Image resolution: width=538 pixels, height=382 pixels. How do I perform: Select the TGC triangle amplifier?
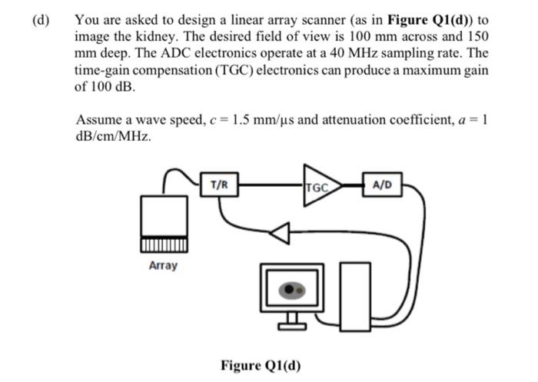[318, 186]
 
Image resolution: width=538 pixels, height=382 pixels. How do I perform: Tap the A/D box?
[381, 184]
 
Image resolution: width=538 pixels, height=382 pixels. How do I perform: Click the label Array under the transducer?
[162, 265]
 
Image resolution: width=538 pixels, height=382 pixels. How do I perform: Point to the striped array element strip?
[162, 245]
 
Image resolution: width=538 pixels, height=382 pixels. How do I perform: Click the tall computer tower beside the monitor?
[353, 293]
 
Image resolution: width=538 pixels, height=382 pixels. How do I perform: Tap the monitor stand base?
[291, 325]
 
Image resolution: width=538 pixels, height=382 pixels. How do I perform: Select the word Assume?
[99, 119]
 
